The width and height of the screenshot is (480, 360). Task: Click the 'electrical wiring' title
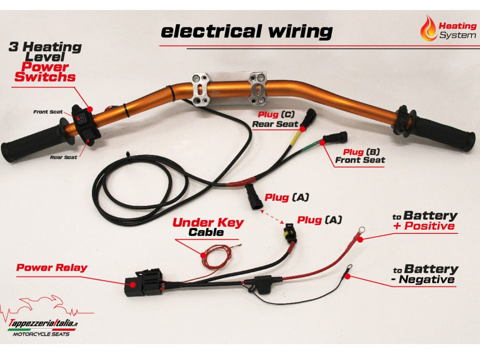tap(246, 31)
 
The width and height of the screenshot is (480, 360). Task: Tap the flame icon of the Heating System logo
tap(429, 28)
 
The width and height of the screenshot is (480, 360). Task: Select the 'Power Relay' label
tap(51, 267)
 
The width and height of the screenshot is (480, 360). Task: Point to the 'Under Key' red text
tap(208, 223)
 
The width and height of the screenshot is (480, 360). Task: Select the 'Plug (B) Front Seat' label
tap(360, 156)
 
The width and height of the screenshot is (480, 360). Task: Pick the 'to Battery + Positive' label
tap(424, 221)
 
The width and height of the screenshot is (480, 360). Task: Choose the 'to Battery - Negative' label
tap(424, 274)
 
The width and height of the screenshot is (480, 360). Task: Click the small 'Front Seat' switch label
tap(48, 112)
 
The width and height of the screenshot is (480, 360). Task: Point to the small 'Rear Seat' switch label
tap(63, 157)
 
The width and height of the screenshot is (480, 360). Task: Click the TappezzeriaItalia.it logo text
tap(43, 323)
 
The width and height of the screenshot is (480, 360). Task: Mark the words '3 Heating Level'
tap(45, 51)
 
